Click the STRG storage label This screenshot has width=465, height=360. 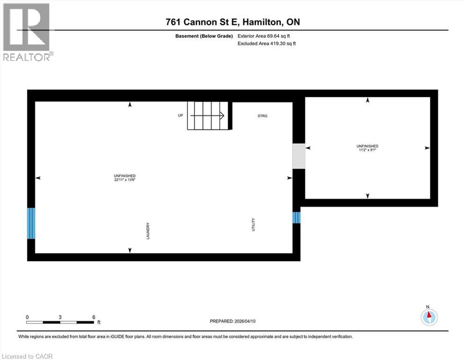262,116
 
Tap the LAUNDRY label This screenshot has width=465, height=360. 148,231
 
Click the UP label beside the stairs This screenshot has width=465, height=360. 180,115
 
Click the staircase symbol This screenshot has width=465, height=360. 207,116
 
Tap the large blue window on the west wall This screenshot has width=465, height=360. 31,223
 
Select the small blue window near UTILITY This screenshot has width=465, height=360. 296,217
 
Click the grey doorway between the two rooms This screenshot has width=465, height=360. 299,156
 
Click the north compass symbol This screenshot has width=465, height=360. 428,317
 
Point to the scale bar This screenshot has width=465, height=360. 60,322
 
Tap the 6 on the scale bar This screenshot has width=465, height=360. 94,317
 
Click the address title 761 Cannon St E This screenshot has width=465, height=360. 232,22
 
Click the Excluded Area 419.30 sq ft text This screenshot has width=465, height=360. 267,44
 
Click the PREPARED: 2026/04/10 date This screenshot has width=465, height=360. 233,321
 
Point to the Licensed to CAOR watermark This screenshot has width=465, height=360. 27,356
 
